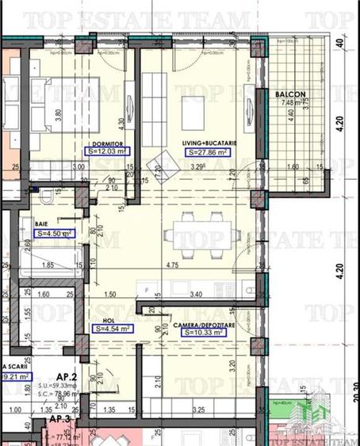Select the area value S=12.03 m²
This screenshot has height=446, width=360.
[108, 151]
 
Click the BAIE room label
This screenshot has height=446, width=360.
[44, 224]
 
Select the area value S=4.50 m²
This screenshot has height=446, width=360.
[56, 234]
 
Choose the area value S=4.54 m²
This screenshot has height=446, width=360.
[113, 328]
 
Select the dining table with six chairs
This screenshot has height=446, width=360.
[198, 235]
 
